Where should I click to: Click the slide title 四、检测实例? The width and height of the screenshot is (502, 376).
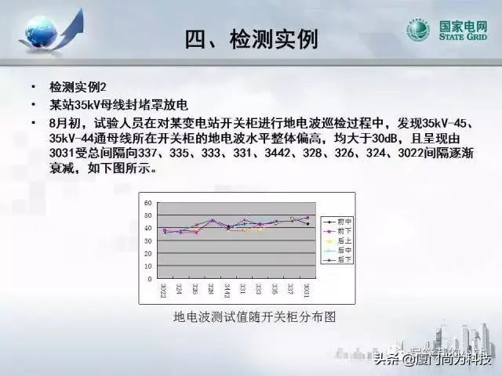coord(252,38)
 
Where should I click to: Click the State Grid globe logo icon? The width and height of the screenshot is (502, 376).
coord(417,32)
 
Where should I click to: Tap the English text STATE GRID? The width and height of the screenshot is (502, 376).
coord(464,39)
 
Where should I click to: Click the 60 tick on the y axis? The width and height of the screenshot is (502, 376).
coord(148,203)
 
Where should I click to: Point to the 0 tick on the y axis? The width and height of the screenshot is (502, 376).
coord(150,279)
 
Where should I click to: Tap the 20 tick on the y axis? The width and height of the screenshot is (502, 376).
coord(148,254)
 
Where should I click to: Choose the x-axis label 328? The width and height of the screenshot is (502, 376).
coord(210,290)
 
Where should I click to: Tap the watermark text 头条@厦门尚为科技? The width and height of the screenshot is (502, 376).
coord(432,360)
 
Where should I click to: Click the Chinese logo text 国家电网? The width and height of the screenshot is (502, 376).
coord(464,27)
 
